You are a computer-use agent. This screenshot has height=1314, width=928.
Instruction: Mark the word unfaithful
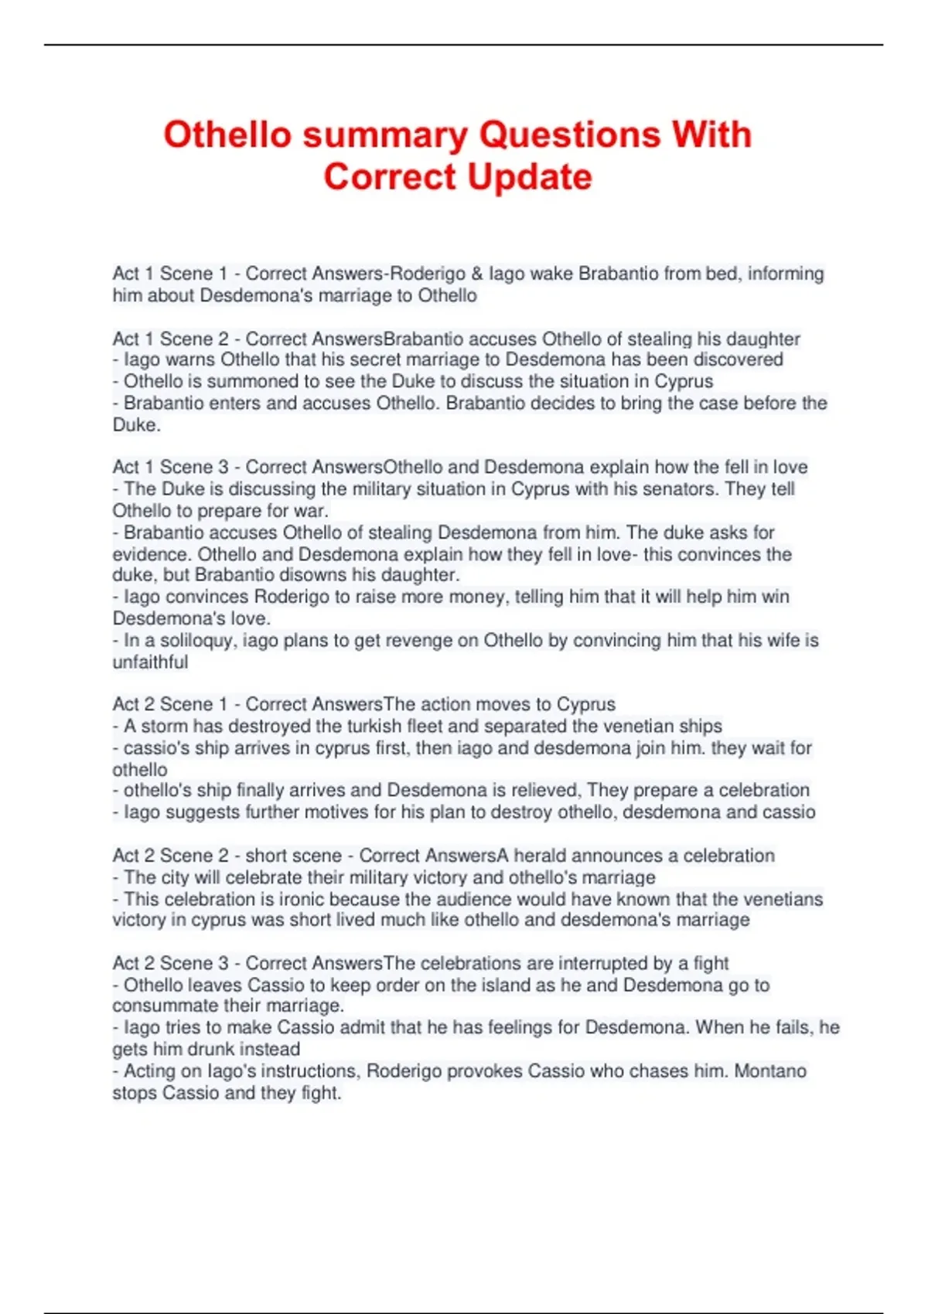(150, 662)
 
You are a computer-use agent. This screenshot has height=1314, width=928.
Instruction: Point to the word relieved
(544, 790)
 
